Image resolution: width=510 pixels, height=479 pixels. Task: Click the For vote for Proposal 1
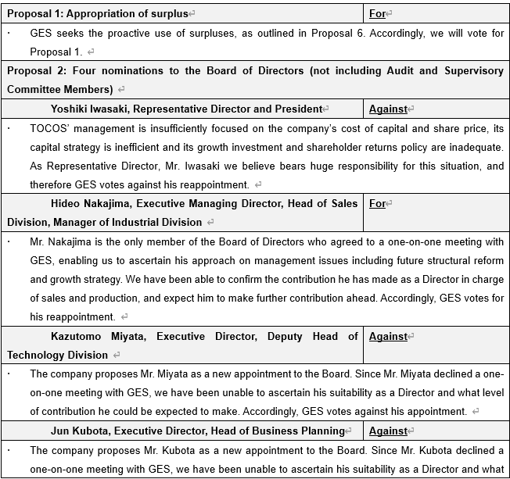pos(377,13)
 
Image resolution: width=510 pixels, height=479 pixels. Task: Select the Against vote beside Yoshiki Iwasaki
pos(388,109)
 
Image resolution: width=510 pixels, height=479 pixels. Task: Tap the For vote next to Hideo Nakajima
pos(377,203)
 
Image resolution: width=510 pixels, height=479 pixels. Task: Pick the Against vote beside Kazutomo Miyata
pos(388,336)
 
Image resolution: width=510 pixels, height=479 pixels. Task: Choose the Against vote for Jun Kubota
pos(388,431)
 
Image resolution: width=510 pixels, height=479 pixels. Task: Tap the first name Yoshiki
pos(71,109)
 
